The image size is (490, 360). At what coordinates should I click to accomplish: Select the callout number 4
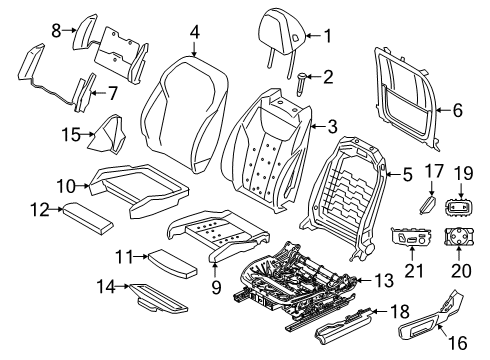click(195, 33)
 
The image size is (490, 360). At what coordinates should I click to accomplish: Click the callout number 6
click(458, 110)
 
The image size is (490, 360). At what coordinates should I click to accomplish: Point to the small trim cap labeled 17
click(427, 204)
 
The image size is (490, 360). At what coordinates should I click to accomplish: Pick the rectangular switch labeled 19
click(460, 208)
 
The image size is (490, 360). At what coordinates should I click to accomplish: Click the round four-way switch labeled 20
click(458, 237)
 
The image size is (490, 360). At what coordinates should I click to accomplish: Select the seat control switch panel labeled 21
click(411, 237)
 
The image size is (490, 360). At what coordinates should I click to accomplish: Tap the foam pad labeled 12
click(88, 218)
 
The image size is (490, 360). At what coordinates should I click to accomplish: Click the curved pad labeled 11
click(172, 264)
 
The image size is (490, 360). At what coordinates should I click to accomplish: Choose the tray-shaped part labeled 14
click(158, 300)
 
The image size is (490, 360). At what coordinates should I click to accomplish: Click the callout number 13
click(385, 280)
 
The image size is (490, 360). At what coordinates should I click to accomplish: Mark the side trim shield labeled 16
click(430, 318)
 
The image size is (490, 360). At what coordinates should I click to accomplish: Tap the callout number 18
click(400, 312)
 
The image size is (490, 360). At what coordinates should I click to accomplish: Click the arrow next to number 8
click(70, 30)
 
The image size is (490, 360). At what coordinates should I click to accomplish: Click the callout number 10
click(66, 186)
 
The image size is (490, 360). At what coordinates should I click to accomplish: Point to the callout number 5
click(408, 174)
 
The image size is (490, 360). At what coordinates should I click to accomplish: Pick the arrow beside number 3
click(318, 127)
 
